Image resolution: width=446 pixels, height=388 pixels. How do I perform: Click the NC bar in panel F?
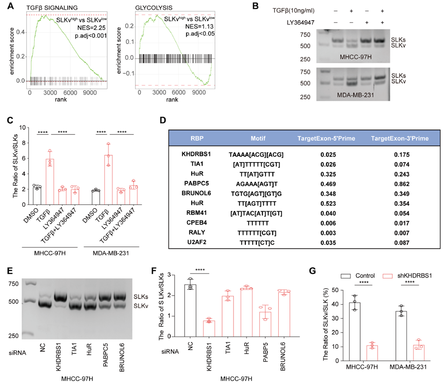[190, 323]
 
